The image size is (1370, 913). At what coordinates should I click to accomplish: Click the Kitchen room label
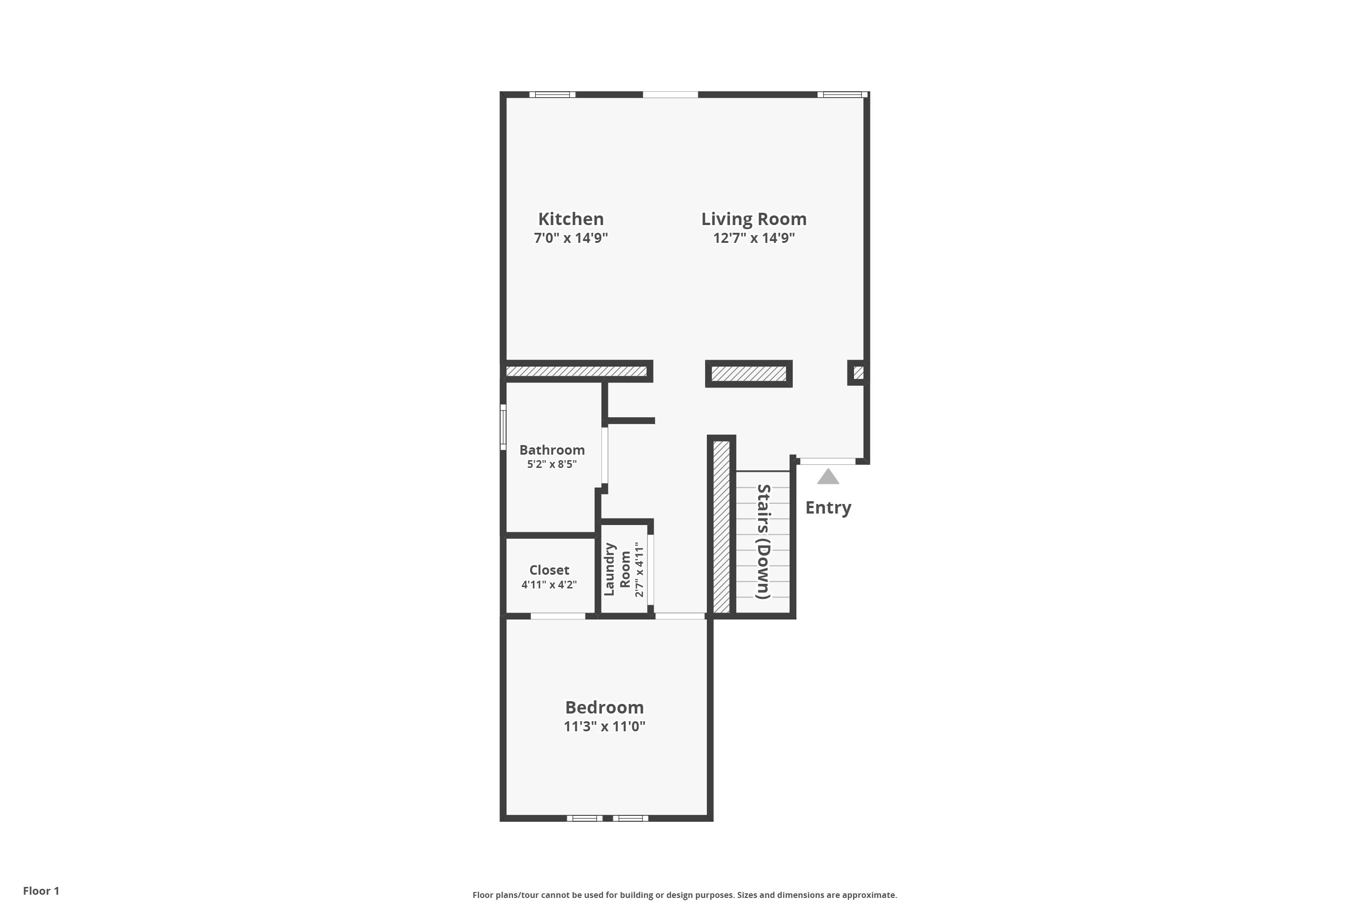click(x=570, y=219)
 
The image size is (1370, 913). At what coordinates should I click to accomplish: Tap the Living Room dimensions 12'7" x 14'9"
click(x=754, y=238)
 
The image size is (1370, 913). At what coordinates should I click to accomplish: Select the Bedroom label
click(x=604, y=708)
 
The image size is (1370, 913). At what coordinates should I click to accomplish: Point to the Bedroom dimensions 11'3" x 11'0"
click(x=604, y=727)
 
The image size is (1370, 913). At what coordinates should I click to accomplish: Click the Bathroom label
click(x=552, y=450)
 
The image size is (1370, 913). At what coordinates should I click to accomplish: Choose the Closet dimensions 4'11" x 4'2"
click(x=549, y=585)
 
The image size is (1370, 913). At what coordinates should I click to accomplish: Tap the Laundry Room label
click(x=617, y=569)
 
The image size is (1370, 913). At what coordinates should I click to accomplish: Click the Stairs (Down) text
click(x=763, y=541)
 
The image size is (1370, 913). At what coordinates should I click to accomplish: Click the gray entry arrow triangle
click(x=827, y=477)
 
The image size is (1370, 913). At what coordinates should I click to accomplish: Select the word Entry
click(x=827, y=508)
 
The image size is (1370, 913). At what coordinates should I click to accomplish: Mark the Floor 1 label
click(x=41, y=891)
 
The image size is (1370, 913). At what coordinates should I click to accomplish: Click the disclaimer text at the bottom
click(x=685, y=895)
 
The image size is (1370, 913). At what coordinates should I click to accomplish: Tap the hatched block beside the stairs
click(x=721, y=526)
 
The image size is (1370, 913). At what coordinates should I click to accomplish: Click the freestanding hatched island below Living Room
click(x=748, y=374)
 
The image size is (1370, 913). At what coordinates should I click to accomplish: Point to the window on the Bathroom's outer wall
click(x=503, y=427)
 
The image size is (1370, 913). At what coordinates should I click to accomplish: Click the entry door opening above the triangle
click(x=827, y=461)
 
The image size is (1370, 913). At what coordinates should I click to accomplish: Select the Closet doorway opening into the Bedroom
click(x=558, y=616)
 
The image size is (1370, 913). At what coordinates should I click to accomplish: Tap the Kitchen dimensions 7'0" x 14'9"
click(x=570, y=238)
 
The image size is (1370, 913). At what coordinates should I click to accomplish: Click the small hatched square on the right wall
click(x=858, y=372)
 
